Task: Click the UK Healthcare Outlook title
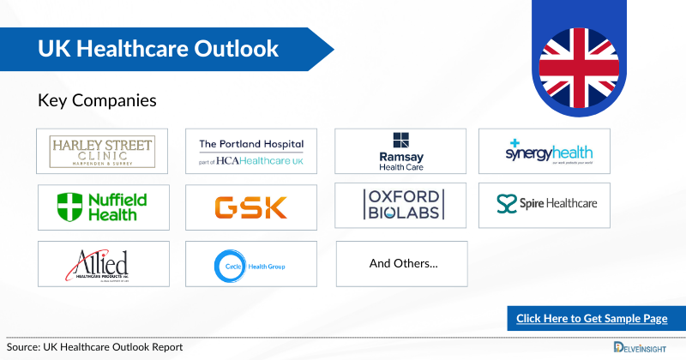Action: click(x=159, y=49)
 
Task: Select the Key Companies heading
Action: click(x=97, y=100)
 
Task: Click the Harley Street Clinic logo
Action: click(x=103, y=151)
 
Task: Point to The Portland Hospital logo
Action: click(x=251, y=151)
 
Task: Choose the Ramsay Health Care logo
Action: click(x=400, y=151)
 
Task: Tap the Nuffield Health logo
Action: click(x=103, y=206)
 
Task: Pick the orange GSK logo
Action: click(x=251, y=206)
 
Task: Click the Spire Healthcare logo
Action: click(x=546, y=205)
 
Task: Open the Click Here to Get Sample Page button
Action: click(x=592, y=318)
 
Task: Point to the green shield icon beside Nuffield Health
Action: click(x=69, y=207)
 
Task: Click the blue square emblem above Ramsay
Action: click(x=401, y=141)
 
